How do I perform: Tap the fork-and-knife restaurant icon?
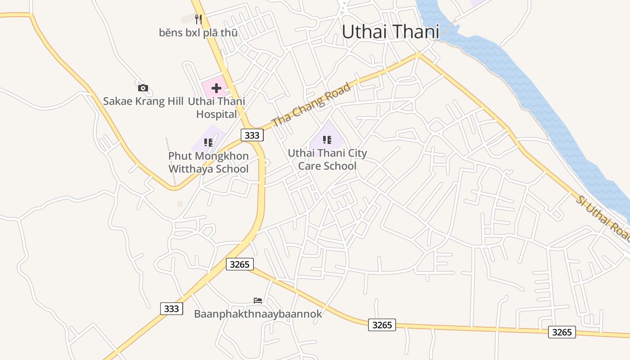(x=198, y=19)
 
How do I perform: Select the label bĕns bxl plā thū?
(x=198, y=33)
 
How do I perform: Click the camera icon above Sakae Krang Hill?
(x=143, y=88)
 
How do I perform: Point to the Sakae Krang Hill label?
(x=143, y=101)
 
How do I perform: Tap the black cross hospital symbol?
(x=216, y=88)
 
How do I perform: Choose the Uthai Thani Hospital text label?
(x=216, y=108)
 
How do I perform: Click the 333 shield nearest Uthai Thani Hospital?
(x=252, y=135)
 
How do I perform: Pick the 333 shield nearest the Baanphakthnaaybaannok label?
(x=171, y=309)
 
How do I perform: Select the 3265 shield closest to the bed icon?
(x=239, y=264)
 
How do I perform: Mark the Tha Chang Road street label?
(x=311, y=104)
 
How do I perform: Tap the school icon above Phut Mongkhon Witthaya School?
(x=208, y=143)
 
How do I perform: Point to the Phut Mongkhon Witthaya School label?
(x=208, y=162)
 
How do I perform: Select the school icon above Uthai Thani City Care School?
(x=327, y=140)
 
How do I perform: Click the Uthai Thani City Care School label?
(x=327, y=159)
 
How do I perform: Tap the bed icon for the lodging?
(x=258, y=300)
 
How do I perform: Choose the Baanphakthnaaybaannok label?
(x=258, y=314)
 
